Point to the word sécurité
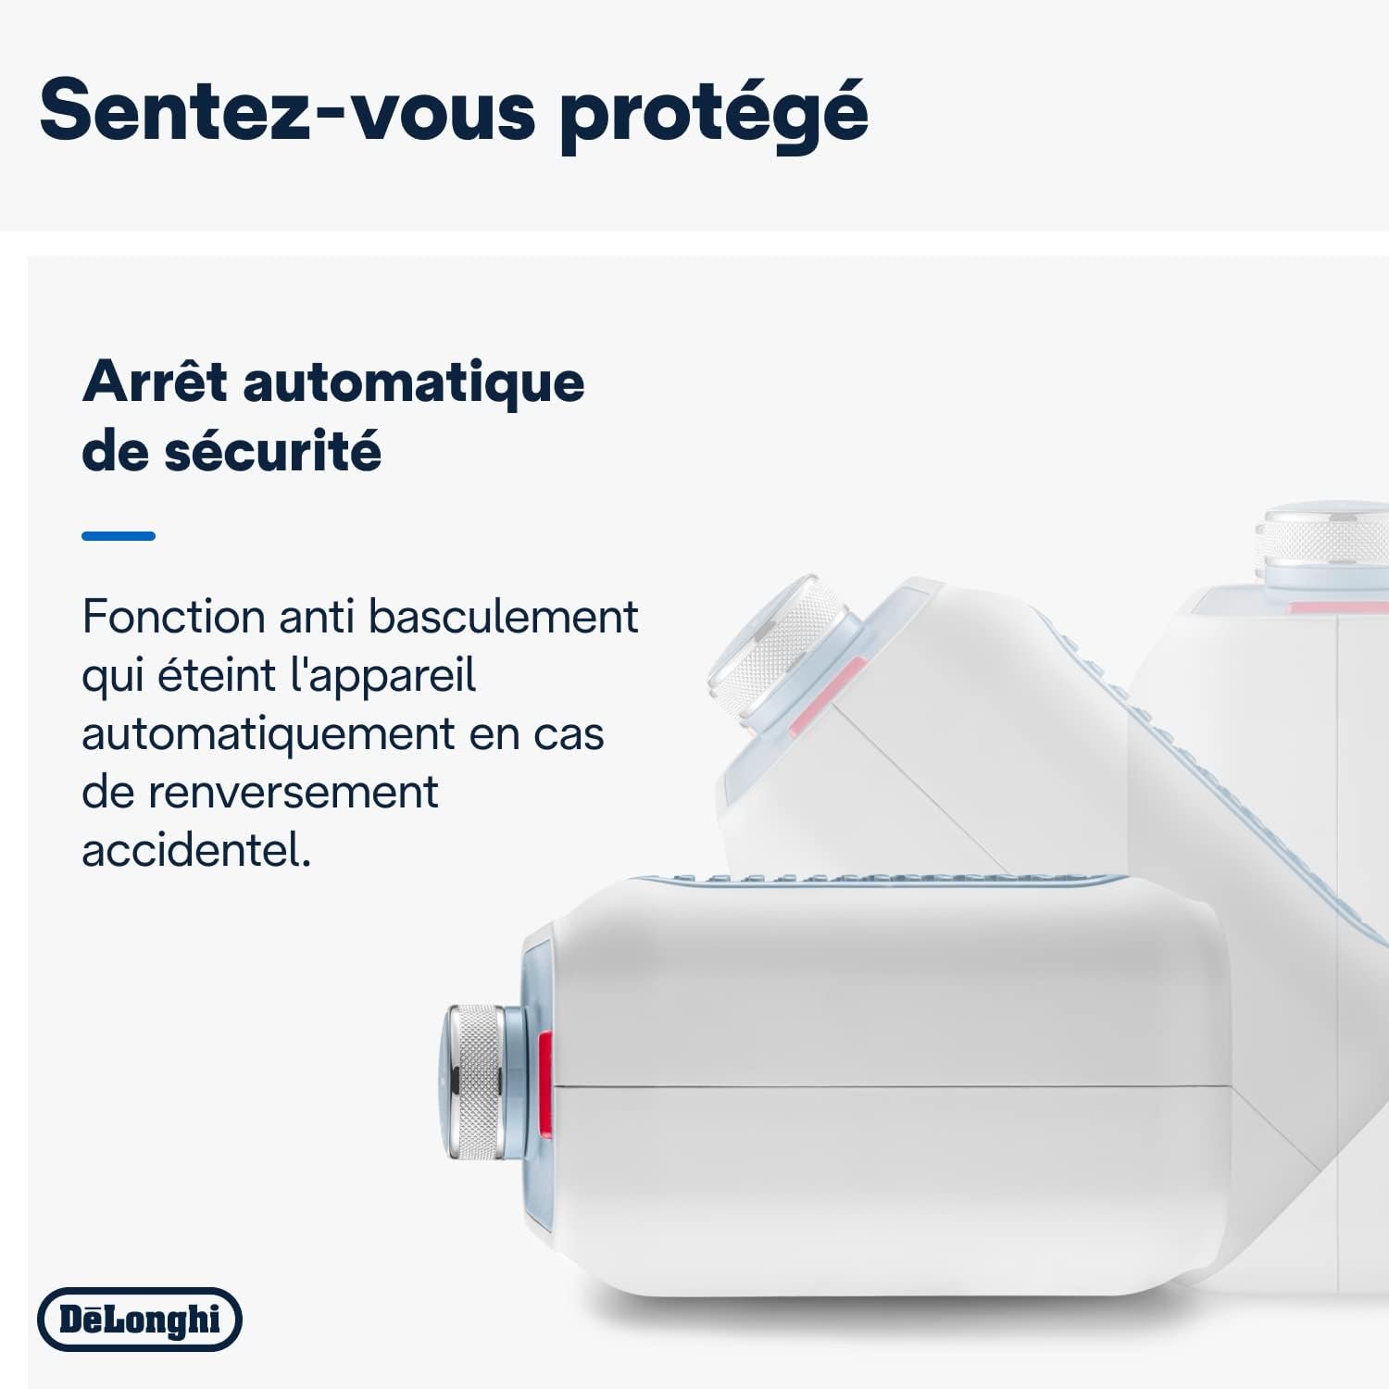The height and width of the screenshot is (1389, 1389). tap(273, 450)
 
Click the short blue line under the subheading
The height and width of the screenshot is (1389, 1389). tap(119, 535)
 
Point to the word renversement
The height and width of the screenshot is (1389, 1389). tap(294, 793)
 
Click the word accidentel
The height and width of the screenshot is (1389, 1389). tap(196, 849)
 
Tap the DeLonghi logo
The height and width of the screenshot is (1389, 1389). tap(140, 1319)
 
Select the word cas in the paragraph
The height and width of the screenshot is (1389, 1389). tap(569, 736)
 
